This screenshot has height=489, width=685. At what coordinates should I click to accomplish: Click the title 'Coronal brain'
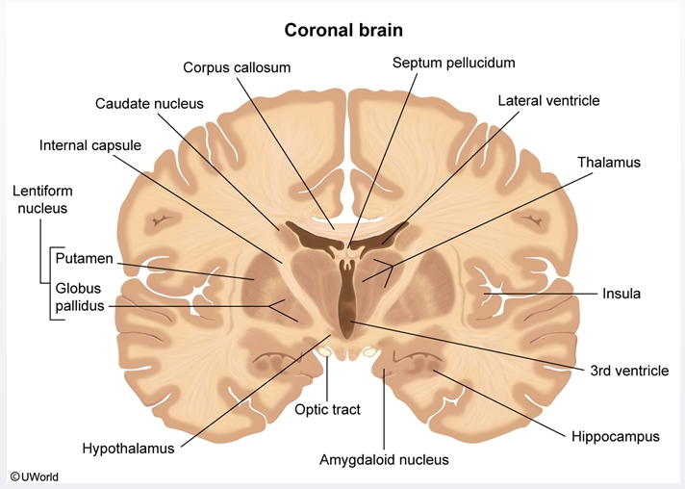[342, 30]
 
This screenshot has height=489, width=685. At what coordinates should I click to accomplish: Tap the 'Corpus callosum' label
[237, 67]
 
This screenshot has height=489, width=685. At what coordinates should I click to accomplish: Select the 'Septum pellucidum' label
[454, 63]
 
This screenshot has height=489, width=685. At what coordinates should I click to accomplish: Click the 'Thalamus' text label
[608, 162]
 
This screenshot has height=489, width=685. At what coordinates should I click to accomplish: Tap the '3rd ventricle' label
[630, 370]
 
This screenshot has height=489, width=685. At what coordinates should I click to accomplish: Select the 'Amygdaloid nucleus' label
[384, 459]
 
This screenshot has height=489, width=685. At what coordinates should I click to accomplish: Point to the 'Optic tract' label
[327, 409]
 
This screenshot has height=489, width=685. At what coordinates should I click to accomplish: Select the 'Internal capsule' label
[90, 145]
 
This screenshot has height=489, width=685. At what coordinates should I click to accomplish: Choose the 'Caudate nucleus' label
[143, 103]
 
